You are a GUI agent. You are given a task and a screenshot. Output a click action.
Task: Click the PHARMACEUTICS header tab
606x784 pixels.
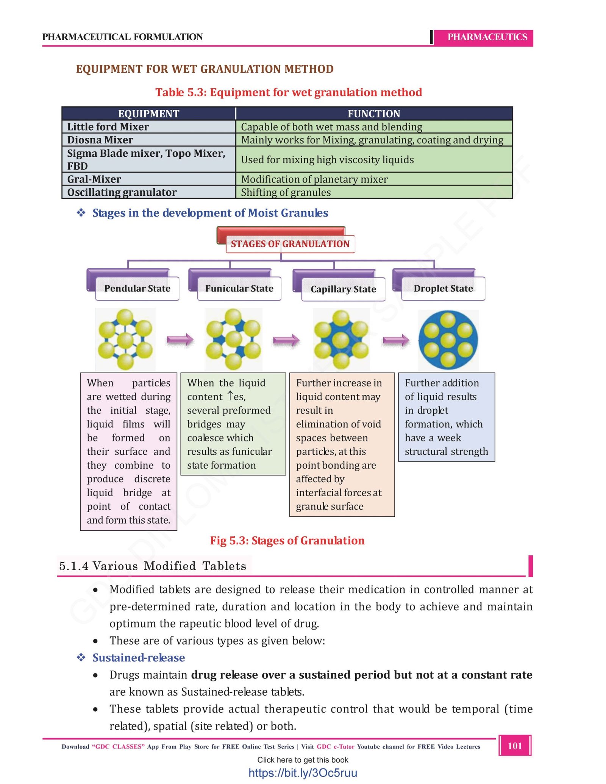tap(487, 37)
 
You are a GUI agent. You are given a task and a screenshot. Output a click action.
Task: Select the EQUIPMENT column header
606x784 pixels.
tap(148, 114)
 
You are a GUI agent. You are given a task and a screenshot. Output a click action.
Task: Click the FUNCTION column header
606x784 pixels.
tap(373, 114)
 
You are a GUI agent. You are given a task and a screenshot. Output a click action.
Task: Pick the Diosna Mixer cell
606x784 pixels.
tap(148, 140)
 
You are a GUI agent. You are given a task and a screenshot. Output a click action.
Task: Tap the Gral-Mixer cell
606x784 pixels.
tap(148, 179)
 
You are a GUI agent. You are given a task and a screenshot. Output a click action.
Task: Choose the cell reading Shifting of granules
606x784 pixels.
tap(373, 192)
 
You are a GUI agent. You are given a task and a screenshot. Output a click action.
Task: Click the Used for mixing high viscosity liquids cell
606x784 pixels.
tap(373, 159)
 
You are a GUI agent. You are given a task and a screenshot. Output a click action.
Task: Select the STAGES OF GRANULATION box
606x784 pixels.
tap(290, 244)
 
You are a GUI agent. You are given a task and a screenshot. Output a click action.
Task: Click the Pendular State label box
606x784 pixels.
tap(137, 288)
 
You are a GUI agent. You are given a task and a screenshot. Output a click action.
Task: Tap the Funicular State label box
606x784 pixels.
tap(239, 288)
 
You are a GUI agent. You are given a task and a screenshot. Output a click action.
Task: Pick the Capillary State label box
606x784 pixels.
tap(343, 289)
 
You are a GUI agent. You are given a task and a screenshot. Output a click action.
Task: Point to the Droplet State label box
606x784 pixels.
tap(443, 288)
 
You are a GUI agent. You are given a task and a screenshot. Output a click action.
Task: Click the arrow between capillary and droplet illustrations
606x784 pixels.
tap(396, 340)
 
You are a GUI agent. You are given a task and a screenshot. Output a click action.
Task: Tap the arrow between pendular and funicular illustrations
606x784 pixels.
tap(180, 340)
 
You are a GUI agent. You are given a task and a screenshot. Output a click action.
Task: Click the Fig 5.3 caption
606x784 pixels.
tap(287, 541)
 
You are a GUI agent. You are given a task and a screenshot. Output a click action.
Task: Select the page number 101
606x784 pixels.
tap(515, 746)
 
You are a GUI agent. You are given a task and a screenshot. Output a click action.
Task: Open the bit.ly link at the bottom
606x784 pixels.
tap(303, 773)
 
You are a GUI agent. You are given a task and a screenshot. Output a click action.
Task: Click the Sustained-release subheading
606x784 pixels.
tap(139, 658)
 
